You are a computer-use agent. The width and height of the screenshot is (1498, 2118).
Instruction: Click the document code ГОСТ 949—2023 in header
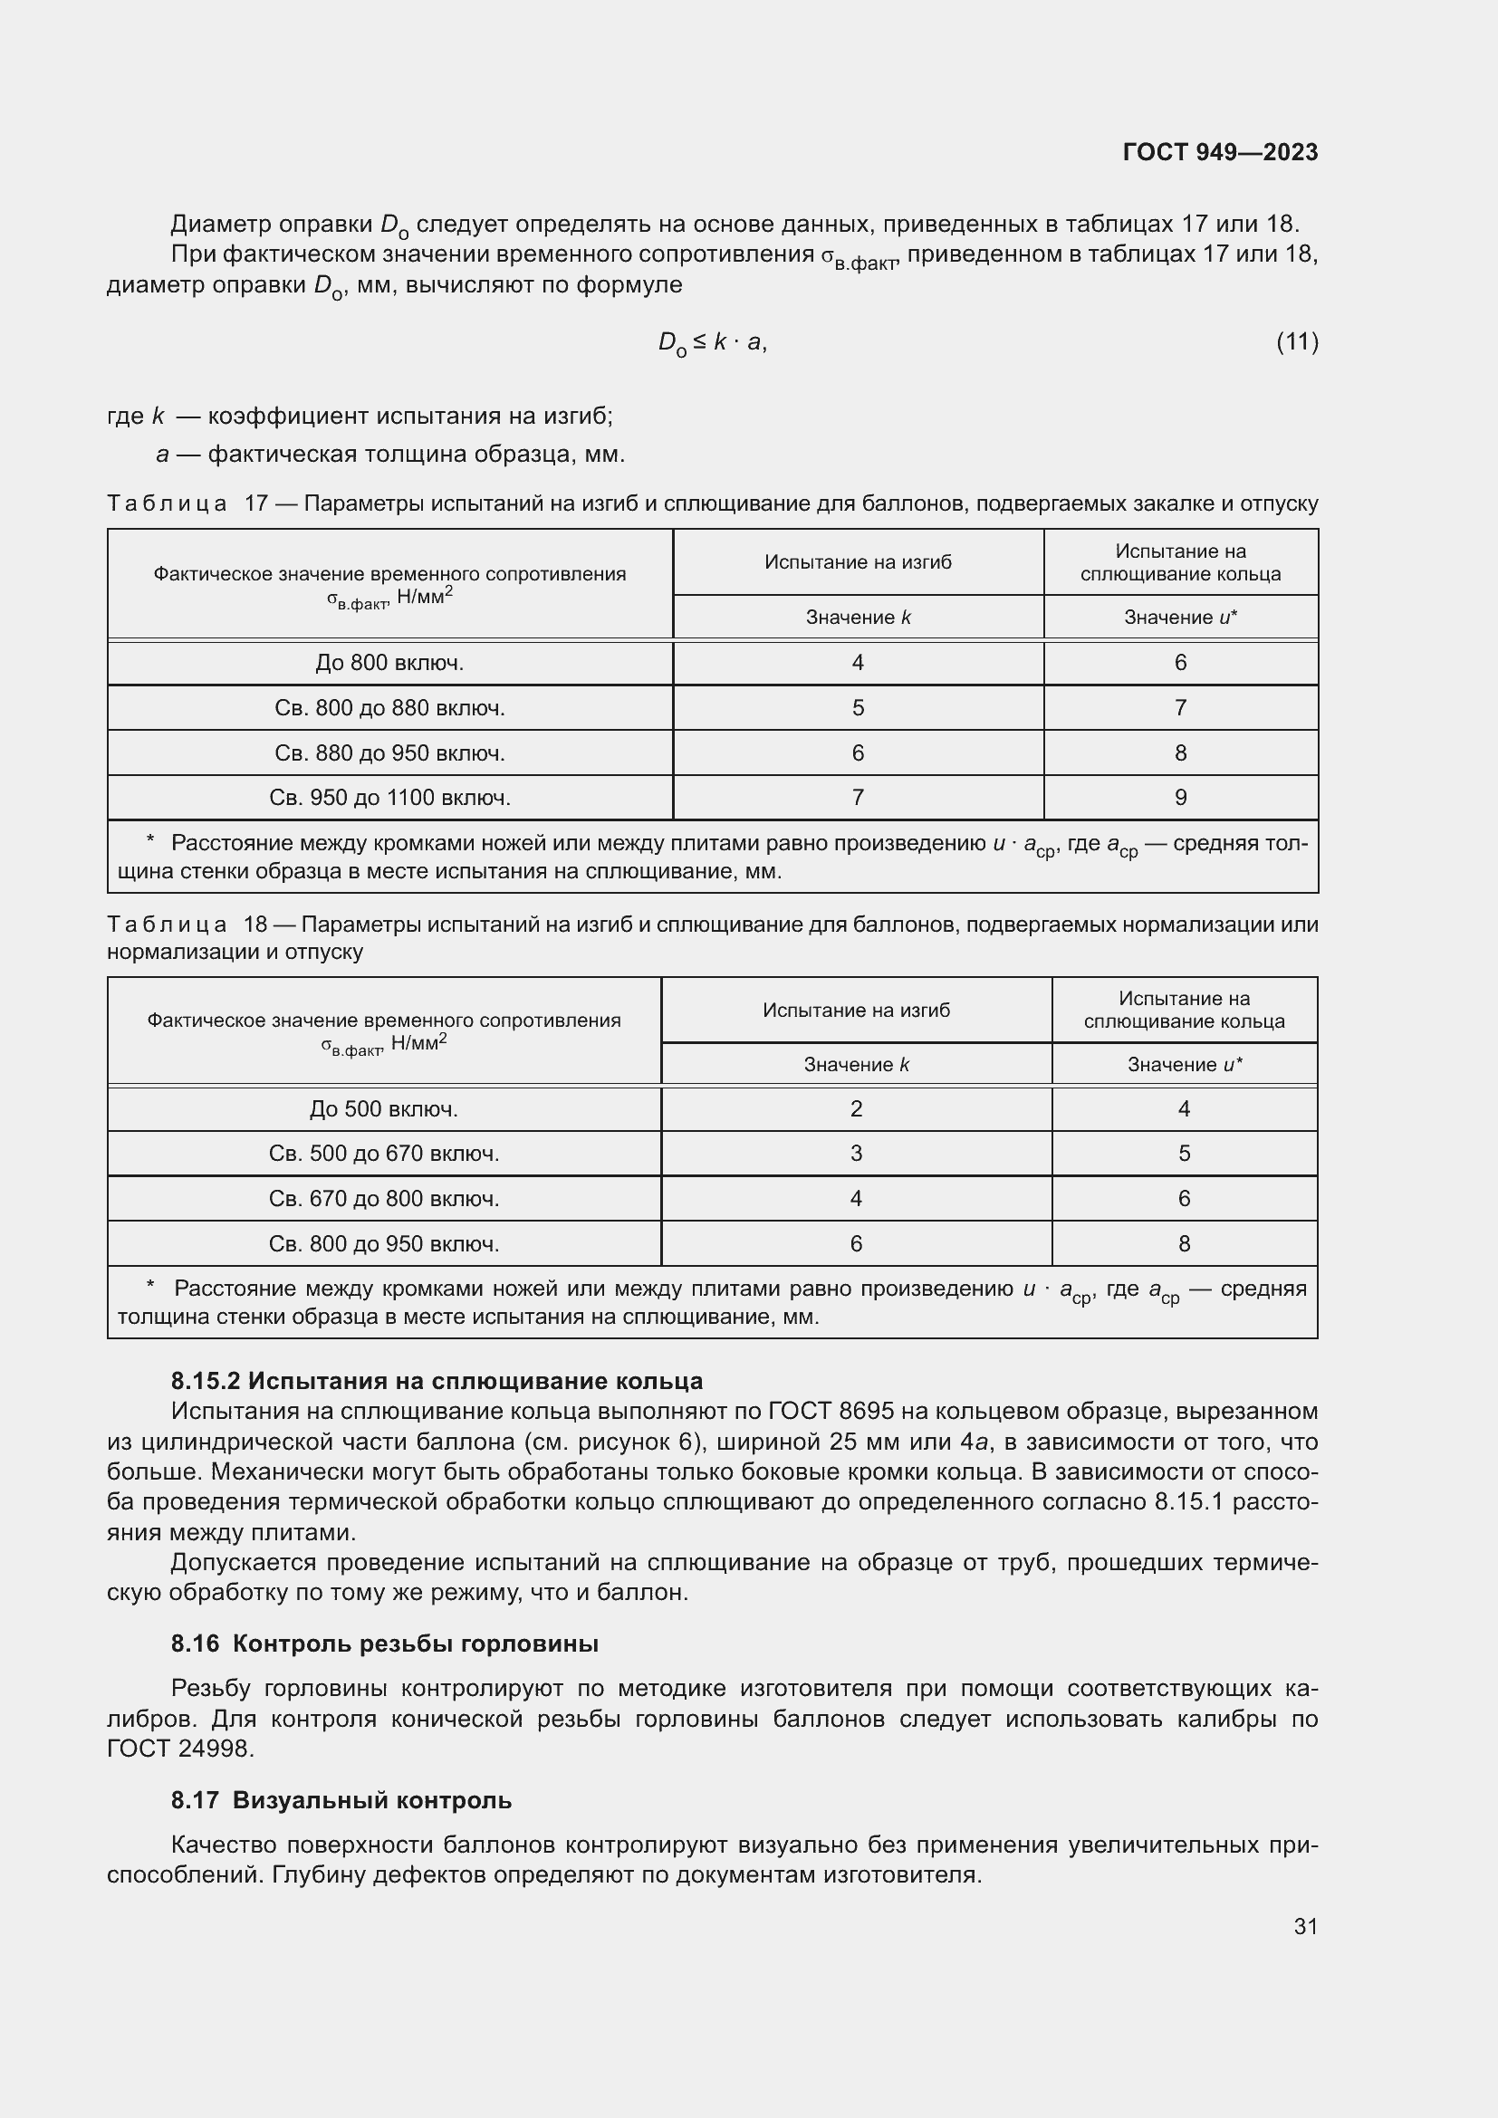pos(1219,152)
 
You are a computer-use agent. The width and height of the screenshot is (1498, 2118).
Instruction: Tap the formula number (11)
pos(1296,342)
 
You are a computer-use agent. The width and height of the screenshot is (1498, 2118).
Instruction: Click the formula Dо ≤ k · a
pos(711,343)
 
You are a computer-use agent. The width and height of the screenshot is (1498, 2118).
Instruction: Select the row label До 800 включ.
pos(389,663)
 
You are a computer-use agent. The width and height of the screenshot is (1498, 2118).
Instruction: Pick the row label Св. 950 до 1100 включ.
pos(389,798)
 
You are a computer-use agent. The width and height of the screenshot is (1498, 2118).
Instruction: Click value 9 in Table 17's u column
pos(1180,798)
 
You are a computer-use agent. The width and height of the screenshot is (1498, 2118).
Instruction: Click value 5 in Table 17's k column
pos(857,708)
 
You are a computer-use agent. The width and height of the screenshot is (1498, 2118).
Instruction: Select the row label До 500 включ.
pos(384,1109)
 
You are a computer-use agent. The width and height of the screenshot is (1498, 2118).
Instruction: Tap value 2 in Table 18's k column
pos(855,1109)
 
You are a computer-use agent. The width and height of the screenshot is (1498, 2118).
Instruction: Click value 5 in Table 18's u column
pos(1184,1154)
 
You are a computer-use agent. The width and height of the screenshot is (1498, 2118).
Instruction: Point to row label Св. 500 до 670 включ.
pos(384,1154)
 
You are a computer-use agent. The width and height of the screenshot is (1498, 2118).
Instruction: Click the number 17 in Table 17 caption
pos(255,504)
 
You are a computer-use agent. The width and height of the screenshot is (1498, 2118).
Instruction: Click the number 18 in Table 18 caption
pos(254,925)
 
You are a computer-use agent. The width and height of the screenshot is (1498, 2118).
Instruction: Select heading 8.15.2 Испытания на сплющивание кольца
pos(437,1381)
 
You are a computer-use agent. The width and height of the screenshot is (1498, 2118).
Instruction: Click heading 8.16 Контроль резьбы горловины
pos(385,1644)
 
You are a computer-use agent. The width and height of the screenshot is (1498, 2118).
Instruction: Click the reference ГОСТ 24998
pos(179,1749)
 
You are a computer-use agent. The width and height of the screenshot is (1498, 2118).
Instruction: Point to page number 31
pos(1304,1927)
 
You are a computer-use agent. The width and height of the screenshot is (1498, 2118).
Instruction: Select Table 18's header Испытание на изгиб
pos(855,1011)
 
